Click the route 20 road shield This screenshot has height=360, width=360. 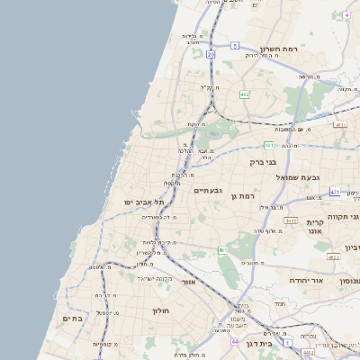tap(211, 55)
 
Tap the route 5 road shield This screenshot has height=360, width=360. tap(235, 45)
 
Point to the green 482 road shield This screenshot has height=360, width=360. tap(245, 94)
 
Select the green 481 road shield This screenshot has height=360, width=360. tap(269, 145)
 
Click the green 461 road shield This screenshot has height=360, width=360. tap(221, 250)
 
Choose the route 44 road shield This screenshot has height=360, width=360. tap(235, 342)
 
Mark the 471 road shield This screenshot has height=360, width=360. tap(335, 192)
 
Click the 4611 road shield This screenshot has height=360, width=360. tap(340, 125)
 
